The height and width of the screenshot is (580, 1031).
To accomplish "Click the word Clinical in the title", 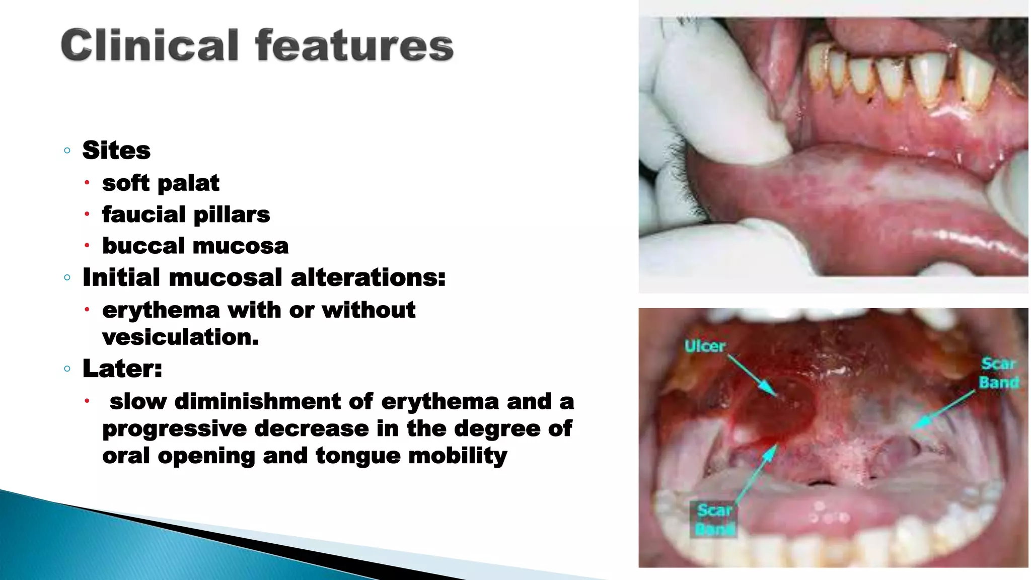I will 150,45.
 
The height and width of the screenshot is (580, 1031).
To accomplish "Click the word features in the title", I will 354,45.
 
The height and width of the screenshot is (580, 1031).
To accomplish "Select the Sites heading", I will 116,150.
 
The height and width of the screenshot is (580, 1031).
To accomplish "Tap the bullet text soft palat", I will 161,183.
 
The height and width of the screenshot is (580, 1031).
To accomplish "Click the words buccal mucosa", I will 195,246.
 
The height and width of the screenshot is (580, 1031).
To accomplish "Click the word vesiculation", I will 180,337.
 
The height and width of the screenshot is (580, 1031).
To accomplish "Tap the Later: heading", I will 122,368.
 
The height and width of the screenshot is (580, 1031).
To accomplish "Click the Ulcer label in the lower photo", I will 705,346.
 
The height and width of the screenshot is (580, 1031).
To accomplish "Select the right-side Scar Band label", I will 999,373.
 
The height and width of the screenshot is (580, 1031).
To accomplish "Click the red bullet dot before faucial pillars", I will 87,214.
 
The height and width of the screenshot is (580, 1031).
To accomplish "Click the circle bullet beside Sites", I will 67,151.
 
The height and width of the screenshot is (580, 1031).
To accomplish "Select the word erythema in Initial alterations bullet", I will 161,310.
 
